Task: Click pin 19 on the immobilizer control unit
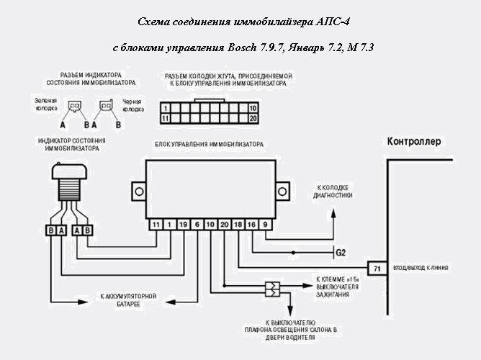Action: pos(183,225)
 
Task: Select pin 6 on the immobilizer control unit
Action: pos(197,225)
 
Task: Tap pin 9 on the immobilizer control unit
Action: pos(266,225)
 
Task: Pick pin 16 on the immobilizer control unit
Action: pos(251,225)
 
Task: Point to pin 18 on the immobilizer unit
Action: pos(238,225)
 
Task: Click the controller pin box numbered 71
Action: pos(376,269)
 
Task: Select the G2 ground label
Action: pos(341,252)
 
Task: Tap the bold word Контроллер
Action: pos(414,141)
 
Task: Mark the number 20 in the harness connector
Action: pos(252,117)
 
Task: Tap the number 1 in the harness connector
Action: pos(166,107)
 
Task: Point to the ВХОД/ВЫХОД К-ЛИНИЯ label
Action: pos(421,269)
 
